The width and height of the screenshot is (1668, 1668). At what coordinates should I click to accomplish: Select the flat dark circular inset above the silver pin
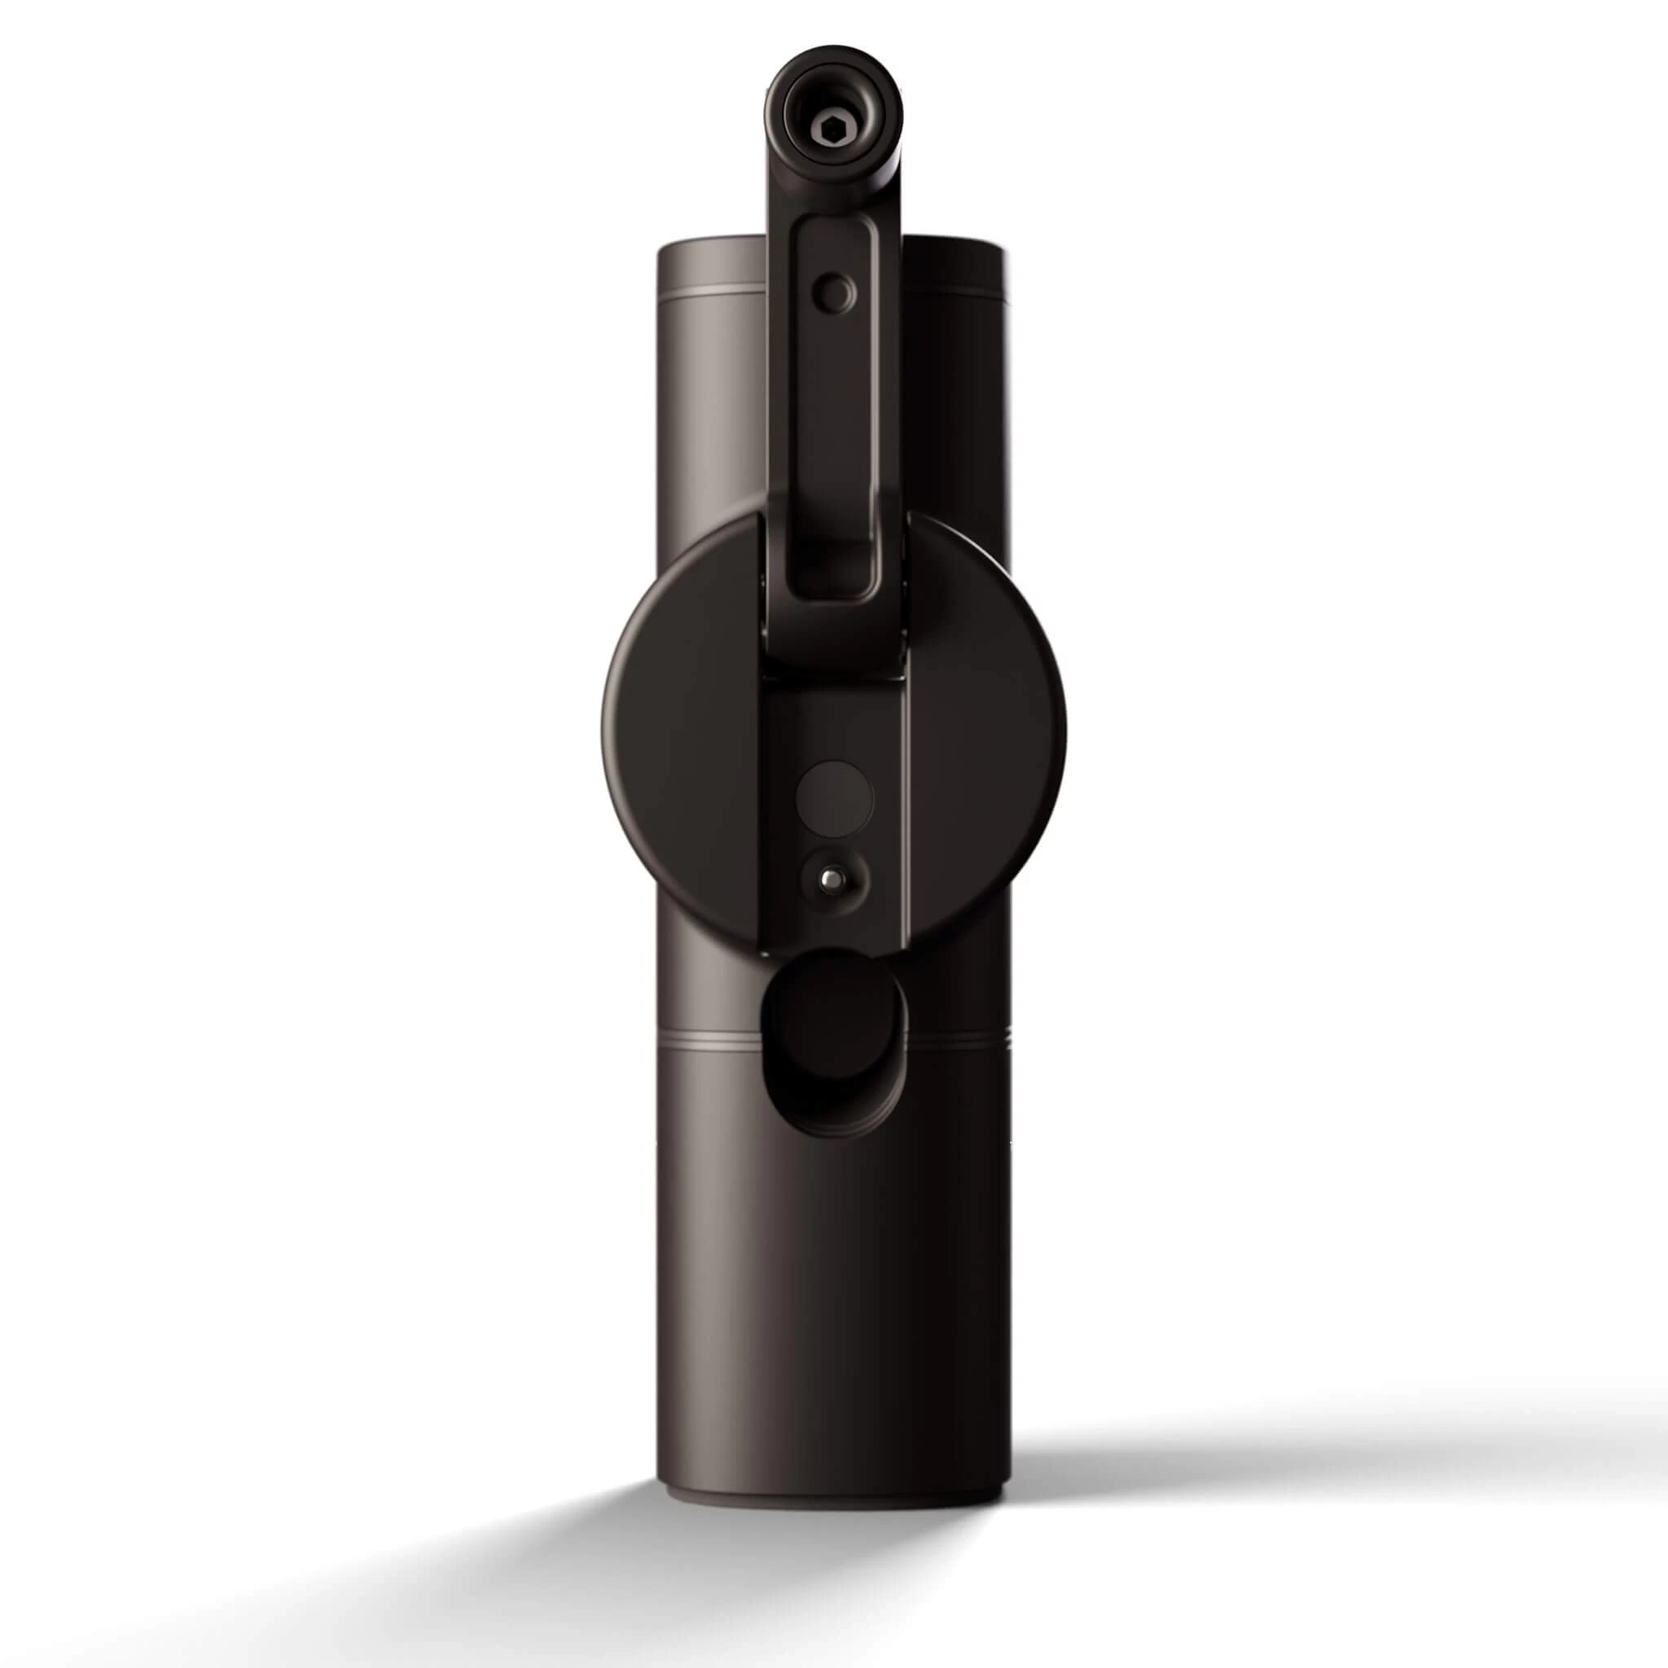click(x=834, y=795)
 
